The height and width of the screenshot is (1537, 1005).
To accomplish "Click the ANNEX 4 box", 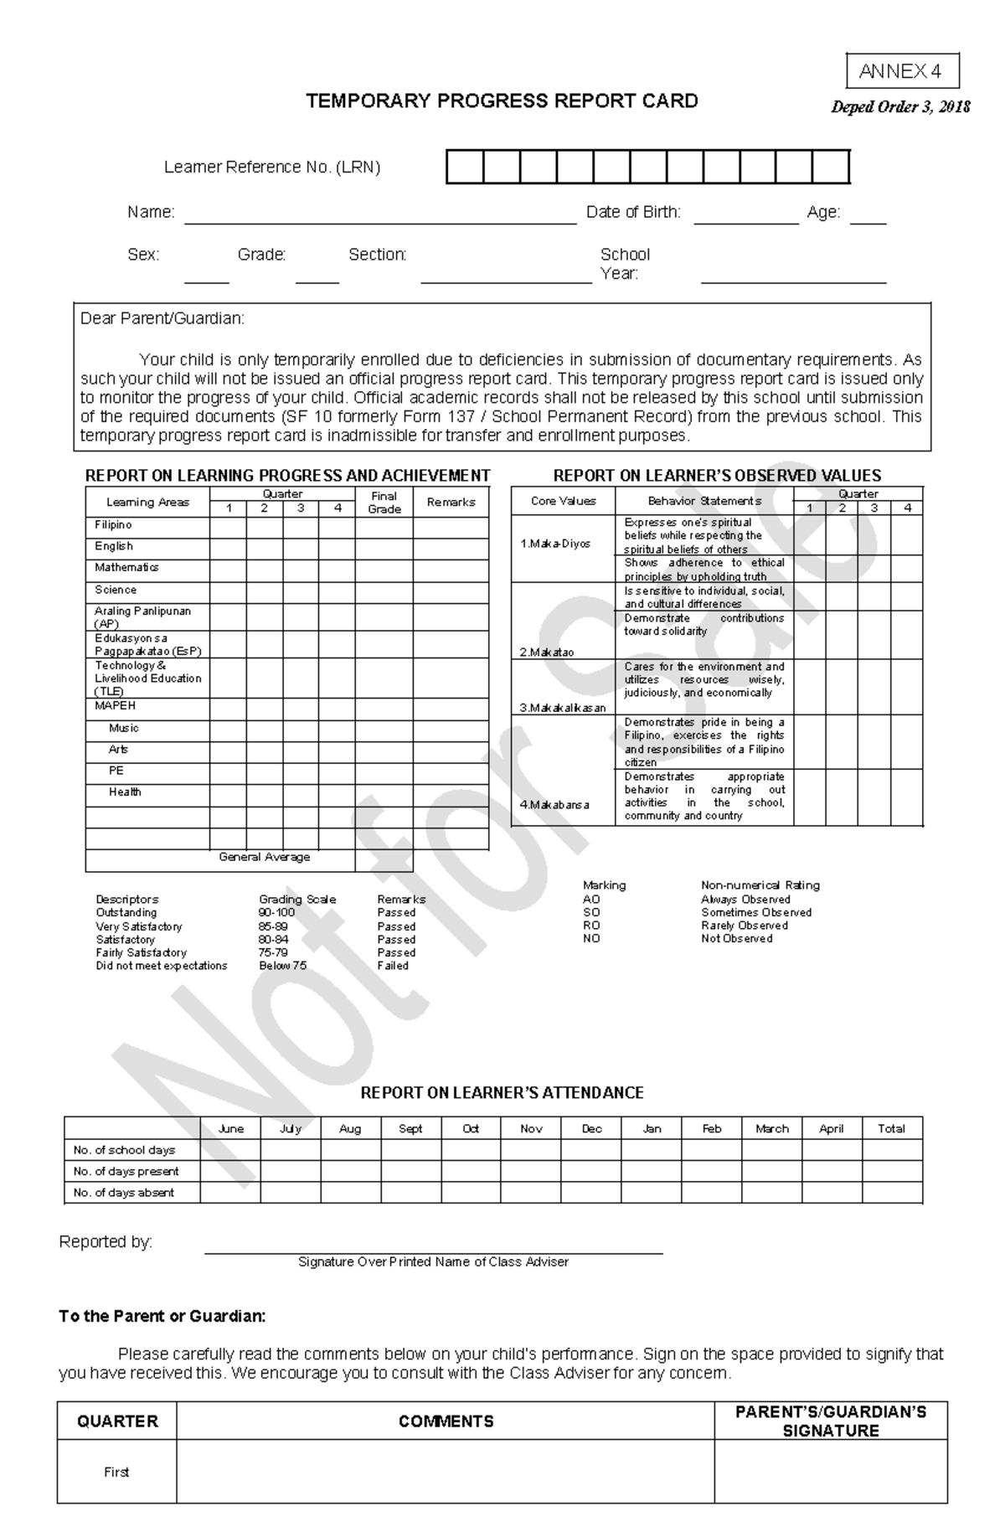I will [902, 71].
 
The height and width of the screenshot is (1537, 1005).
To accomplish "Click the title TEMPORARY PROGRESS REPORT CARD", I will [502, 101].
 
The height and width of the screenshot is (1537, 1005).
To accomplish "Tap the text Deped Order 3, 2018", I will [900, 106].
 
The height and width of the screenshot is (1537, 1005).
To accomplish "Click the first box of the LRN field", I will [465, 167].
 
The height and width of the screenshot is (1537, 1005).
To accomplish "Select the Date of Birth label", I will [633, 212].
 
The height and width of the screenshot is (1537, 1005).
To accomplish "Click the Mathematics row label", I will [126, 567].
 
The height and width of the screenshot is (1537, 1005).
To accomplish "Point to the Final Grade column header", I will [384, 502].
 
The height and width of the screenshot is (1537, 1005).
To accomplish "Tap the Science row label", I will [116, 590].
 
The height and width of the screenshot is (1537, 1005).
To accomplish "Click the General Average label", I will [264, 857].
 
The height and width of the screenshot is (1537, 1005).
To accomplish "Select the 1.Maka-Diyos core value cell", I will [555, 544].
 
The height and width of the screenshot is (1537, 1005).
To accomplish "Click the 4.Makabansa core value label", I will [554, 804].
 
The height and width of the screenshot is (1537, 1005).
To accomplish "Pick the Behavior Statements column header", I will [704, 501].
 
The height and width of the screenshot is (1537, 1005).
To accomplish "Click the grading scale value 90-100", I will [276, 912].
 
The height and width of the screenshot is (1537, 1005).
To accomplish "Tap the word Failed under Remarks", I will [393, 965].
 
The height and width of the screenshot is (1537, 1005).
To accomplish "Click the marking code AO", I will [591, 899].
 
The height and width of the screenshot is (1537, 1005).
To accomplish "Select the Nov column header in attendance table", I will [531, 1128].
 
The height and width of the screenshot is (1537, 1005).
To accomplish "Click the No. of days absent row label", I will [124, 1192].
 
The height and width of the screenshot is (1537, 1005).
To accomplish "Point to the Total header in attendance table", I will [891, 1128].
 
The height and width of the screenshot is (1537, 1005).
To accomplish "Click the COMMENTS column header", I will [446, 1421].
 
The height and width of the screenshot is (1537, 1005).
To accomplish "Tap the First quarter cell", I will [116, 1472].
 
